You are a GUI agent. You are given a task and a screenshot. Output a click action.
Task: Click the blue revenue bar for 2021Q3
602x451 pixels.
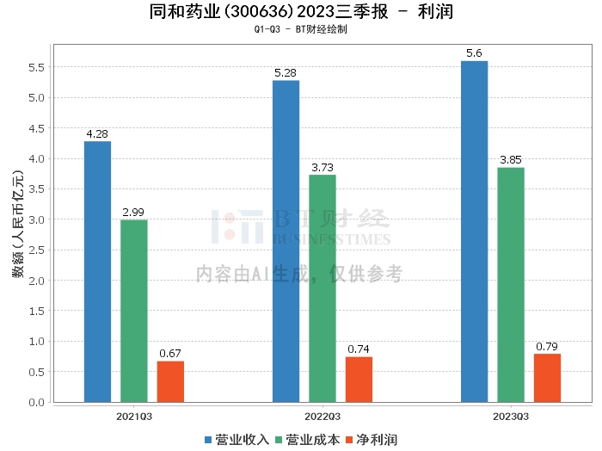point(97,271)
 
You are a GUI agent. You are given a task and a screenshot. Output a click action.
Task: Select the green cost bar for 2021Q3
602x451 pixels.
point(134,311)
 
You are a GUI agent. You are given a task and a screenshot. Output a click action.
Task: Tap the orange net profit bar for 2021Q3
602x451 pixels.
point(170,381)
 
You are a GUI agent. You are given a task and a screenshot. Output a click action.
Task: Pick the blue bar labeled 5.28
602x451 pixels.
point(286,241)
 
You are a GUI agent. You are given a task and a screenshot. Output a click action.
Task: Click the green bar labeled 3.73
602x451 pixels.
point(322,288)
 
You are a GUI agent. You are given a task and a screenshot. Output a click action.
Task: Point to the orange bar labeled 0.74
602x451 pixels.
point(359,380)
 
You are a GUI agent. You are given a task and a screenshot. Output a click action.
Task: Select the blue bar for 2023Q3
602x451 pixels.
point(474,232)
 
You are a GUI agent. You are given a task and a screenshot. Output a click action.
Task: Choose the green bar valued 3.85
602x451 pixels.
point(511,284)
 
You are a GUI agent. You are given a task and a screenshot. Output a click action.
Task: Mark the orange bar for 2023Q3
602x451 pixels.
point(547,378)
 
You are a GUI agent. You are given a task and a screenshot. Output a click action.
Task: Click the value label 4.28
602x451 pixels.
point(97,134)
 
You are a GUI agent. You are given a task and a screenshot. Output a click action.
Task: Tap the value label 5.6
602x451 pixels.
point(474,53)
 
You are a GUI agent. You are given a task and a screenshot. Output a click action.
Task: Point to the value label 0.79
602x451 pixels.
point(547,347)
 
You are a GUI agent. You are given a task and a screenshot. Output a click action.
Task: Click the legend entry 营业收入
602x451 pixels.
point(237,440)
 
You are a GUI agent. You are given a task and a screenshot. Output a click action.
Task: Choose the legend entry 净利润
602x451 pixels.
point(372,440)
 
